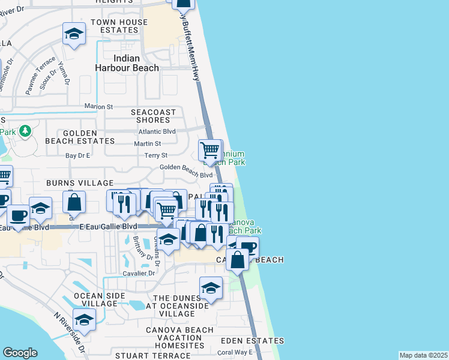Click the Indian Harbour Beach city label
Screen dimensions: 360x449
[x=127, y=63]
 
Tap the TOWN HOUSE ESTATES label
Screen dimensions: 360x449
[x=119, y=26]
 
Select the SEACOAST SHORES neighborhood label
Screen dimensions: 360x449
[x=154, y=116]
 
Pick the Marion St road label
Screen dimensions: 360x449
[x=98, y=107]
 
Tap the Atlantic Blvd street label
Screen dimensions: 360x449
[x=157, y=131]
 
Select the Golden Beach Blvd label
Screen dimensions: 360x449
[x=185, y=175]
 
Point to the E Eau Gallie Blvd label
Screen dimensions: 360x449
[x=109, y=226]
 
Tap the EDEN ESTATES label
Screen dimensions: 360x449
[x=243, y=340]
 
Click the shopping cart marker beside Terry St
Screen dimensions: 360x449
[x=209, y=149]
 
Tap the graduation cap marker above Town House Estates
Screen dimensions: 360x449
[x=74, y=34]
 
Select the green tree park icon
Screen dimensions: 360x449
[x=25, y=131]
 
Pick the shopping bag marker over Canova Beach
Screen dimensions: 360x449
[x=238, y=259]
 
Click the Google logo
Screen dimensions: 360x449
[x=20, y=353]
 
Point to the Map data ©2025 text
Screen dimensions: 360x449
[x=423, y=355]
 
